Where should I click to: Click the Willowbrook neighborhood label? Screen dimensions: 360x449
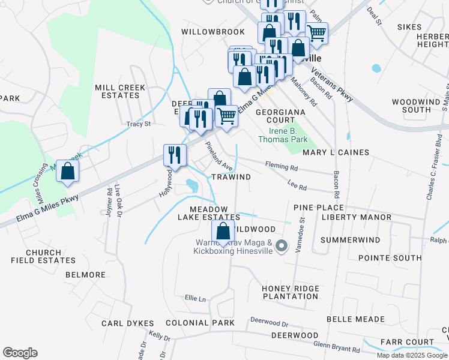[213, 31]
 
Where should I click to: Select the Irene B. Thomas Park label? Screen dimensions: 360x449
[283, 135]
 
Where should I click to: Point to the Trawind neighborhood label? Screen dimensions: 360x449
[231, 177]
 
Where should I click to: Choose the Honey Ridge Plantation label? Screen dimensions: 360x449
[291, 293]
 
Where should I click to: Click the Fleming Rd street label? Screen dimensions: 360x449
[282, 166]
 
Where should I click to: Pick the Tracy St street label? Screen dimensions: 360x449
[137, 124]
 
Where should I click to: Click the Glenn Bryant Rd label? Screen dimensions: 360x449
[337, 347]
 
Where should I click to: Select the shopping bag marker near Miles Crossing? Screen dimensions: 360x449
[69, 170]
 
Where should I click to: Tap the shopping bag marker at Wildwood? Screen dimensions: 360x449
[223, 231]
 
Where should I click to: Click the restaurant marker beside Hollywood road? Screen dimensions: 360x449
[175, 154]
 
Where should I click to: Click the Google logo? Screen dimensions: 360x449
[20, 353]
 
